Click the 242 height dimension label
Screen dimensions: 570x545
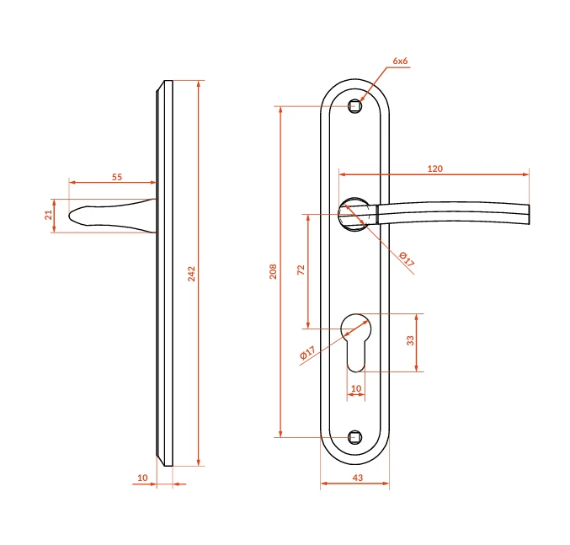point(192,274)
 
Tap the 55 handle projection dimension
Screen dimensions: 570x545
point(117,177)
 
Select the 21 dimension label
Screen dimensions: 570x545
point(49,215)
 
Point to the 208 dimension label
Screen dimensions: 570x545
point(273,271)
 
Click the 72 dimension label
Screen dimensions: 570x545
point(301,270)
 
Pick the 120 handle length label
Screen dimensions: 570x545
point(435,168)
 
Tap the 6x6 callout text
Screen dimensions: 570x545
point(400,61)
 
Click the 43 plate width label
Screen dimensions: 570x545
point(358,478)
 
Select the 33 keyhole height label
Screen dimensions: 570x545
point(410,340)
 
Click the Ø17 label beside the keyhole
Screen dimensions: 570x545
point(307,352)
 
